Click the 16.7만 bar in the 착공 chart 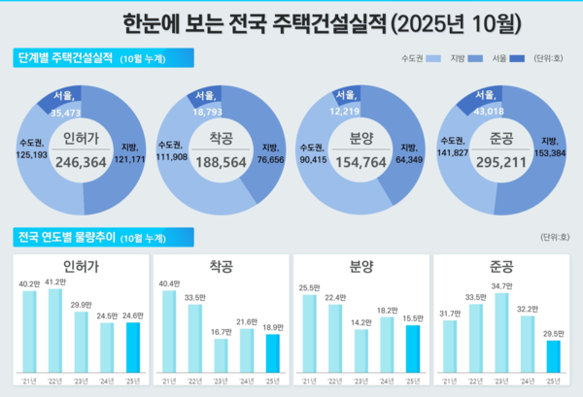[x=221, y=356]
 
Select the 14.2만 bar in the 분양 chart [x=361, y=351]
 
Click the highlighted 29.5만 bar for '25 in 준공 [x=553, y=356]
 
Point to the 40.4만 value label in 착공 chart [x=169, y=283]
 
